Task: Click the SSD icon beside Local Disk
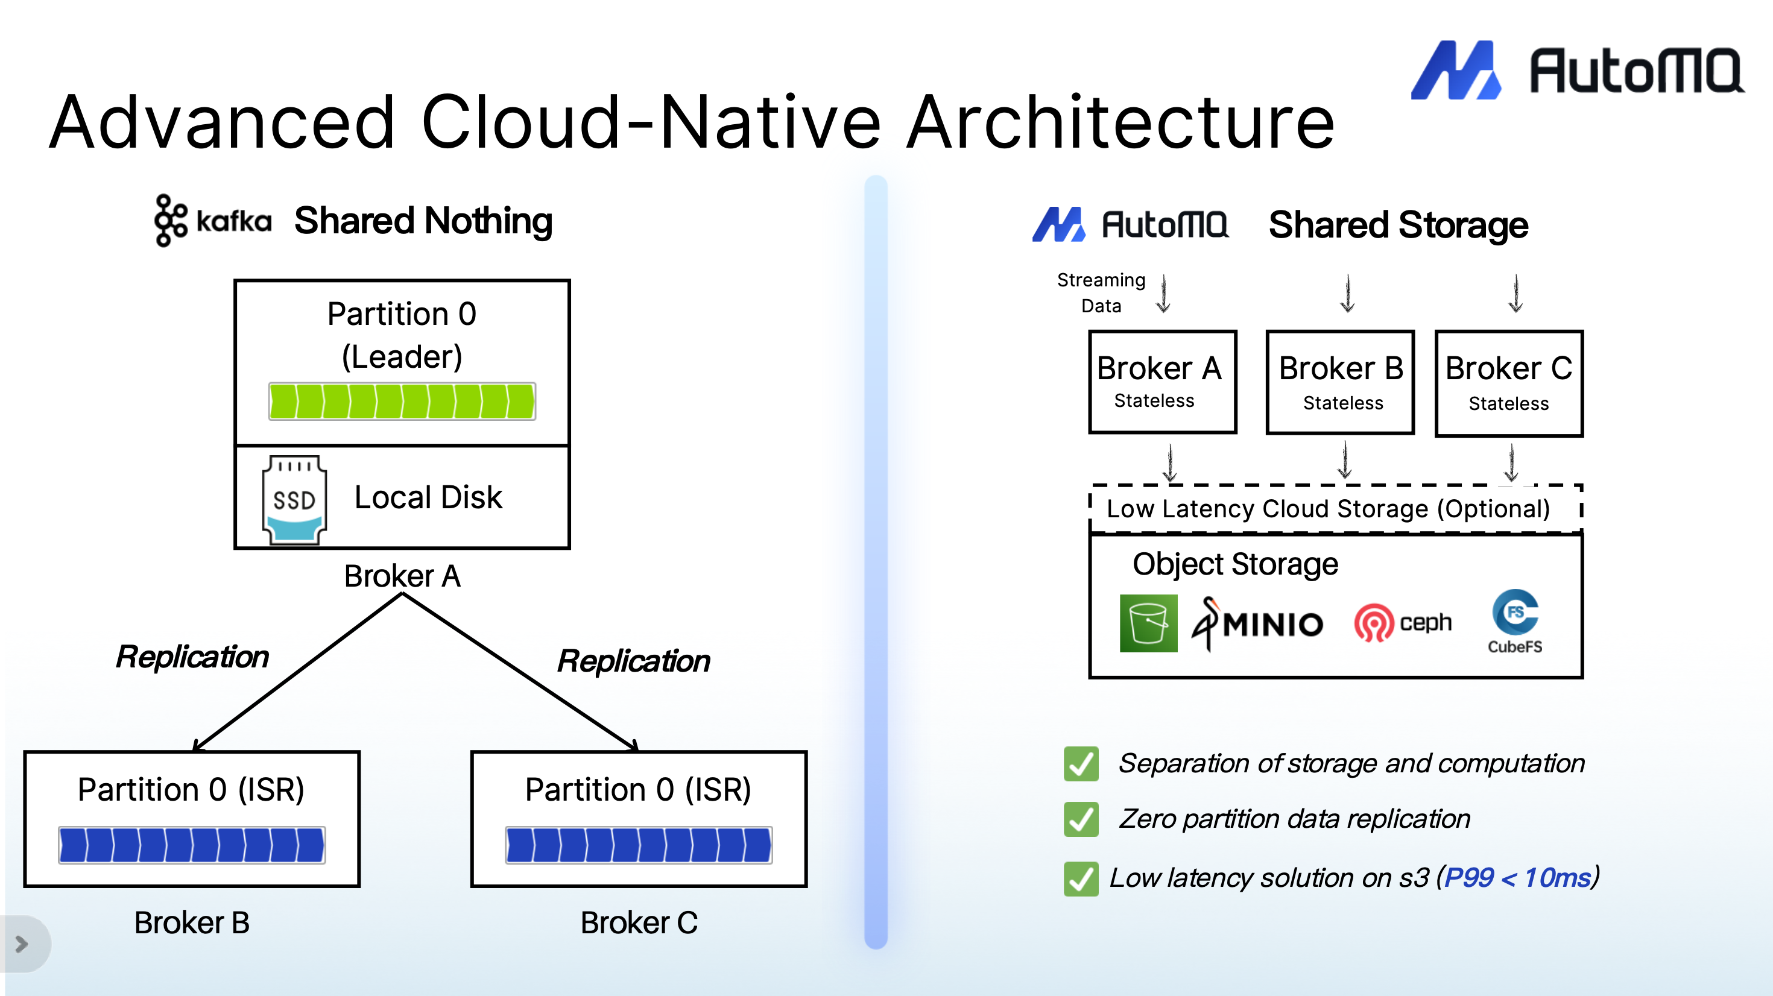pos(294,500)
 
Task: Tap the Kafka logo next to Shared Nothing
pos(213,220)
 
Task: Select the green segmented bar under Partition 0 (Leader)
pos(402,402)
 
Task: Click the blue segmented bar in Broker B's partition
pos(191,845)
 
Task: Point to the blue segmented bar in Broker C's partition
pos(638,845)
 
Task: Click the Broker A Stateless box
pos(1162,382)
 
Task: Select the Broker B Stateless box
pos(1340,383)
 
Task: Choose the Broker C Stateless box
pos(1509,383)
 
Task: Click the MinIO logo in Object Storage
pos(1257,623)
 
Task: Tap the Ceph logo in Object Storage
pos(1403,623)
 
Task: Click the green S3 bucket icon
pos(1148,623)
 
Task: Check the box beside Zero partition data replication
pos(1081,819)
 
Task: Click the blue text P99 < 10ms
pos(1518,878)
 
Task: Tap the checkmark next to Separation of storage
pos(1081,763)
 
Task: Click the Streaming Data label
pos(1101,292)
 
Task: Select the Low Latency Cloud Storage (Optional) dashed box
pos(1335,509)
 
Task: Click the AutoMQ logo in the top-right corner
pos(1576,70)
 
